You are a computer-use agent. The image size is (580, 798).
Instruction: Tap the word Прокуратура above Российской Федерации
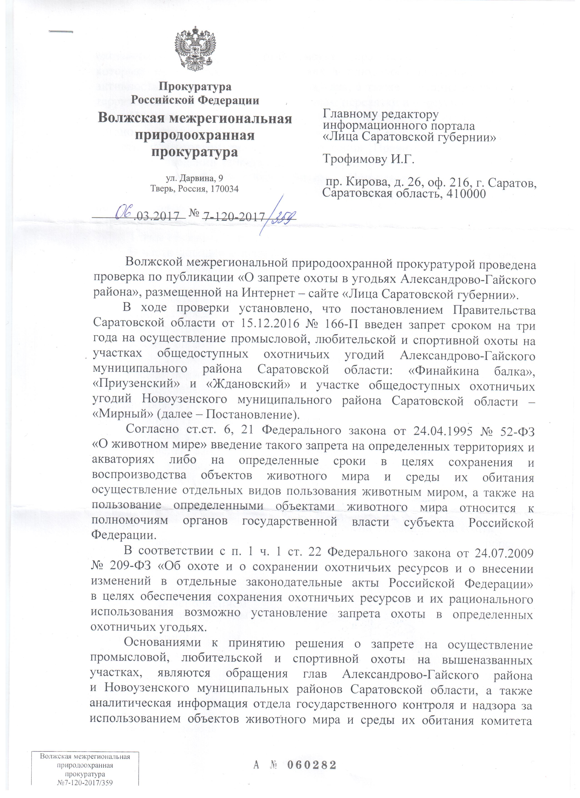pos(195,86)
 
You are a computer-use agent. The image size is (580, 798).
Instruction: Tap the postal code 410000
pos(464,193)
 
